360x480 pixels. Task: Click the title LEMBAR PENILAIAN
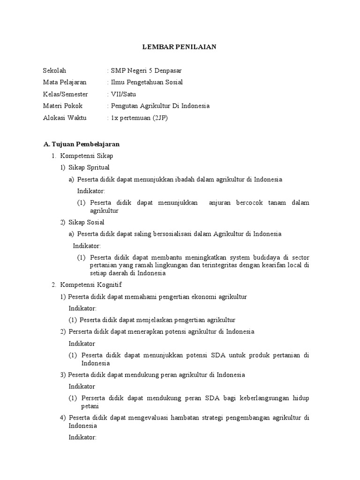point(180,47)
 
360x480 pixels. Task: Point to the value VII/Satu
point(122,94)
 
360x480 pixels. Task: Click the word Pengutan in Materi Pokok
point(124,106)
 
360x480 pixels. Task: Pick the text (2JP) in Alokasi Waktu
point(158,118)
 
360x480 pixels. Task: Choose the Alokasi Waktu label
point(65,118)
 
